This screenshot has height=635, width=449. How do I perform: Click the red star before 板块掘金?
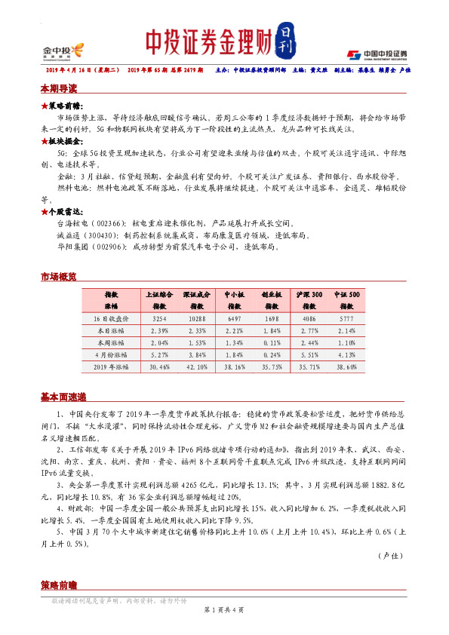coord(45,141)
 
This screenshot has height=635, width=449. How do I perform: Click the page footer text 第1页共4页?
coord(223,609)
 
